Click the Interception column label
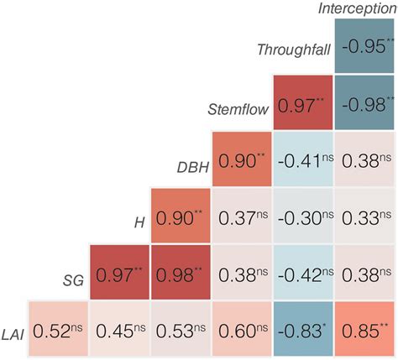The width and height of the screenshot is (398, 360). click(358, 8)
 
